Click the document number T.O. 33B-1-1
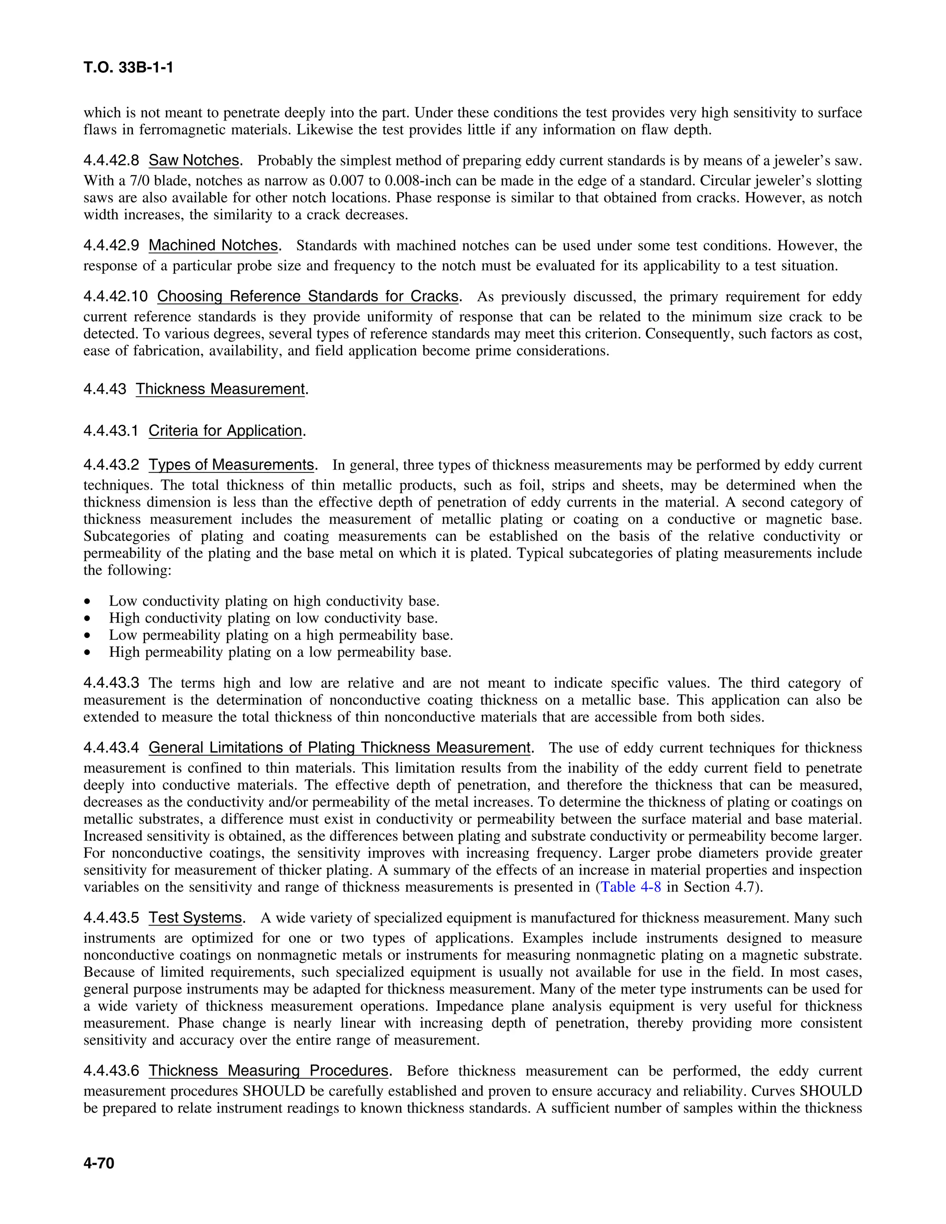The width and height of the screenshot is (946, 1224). tap(128, 68)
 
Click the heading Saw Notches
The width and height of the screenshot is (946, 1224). tap(194, 161)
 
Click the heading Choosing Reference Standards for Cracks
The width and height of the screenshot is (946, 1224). tap(308, 297)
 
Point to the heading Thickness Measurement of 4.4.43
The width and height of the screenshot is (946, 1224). tap(220, 389)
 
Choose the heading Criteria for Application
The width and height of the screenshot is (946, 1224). tap(225, 430)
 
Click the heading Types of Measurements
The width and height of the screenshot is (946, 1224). tap(231, 465)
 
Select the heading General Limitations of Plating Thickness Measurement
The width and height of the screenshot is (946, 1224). tap(339, 748)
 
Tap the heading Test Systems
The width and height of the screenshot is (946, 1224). tap(195, 918)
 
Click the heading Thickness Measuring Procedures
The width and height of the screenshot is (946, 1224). tap(268, 1071)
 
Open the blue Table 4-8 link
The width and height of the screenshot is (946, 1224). tap(631, 887)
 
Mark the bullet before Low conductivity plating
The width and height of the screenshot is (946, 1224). tap(87, 602)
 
